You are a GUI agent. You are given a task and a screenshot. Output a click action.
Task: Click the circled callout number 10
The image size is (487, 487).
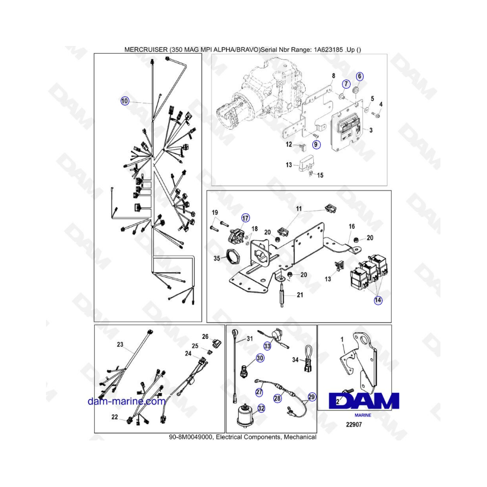click(124, 101)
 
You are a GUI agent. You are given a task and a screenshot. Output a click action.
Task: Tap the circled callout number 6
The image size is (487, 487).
click(359, 76)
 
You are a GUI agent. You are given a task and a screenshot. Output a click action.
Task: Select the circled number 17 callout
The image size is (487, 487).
click(245, 218)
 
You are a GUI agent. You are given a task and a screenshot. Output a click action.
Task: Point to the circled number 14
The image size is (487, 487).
click(378, 300)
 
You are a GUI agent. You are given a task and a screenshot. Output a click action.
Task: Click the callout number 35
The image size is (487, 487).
click(217, 259)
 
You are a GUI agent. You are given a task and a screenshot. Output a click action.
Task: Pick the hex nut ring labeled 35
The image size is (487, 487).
click(232, 256)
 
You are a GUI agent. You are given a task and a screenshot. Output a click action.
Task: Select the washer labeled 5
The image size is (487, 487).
click(367, 109)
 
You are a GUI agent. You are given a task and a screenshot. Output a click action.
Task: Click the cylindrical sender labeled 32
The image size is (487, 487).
click(245, 415)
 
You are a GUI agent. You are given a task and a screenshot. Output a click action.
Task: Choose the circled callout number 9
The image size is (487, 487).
click(316, 144)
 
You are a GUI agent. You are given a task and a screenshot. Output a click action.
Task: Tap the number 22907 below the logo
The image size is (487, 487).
click(354, 424)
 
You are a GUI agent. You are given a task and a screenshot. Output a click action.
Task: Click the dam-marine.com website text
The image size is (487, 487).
click(127, 402)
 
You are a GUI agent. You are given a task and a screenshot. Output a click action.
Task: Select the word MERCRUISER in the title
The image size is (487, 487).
click(146, 49)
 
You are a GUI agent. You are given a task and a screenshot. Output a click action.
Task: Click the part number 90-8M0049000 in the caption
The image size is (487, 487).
click(190, 437)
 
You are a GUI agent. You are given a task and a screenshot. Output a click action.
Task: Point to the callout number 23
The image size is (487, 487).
click(120, 345)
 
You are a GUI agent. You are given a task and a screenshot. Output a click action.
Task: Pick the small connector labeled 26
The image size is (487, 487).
click(216, 344)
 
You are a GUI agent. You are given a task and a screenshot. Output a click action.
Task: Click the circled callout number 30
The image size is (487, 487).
click(260, 358)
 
